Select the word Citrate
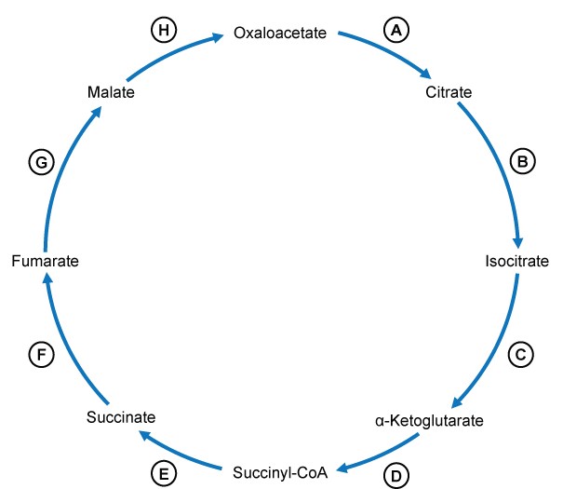(x=449, y=92)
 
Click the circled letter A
(x=397, y=30)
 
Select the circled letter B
(x=523, y=162)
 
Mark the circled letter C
(x=521, y=354)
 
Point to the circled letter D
(x=396, y=475)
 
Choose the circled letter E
(x=164, y=475)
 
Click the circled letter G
(x=39, y=162)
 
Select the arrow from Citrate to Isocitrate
(x=503, y=168)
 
